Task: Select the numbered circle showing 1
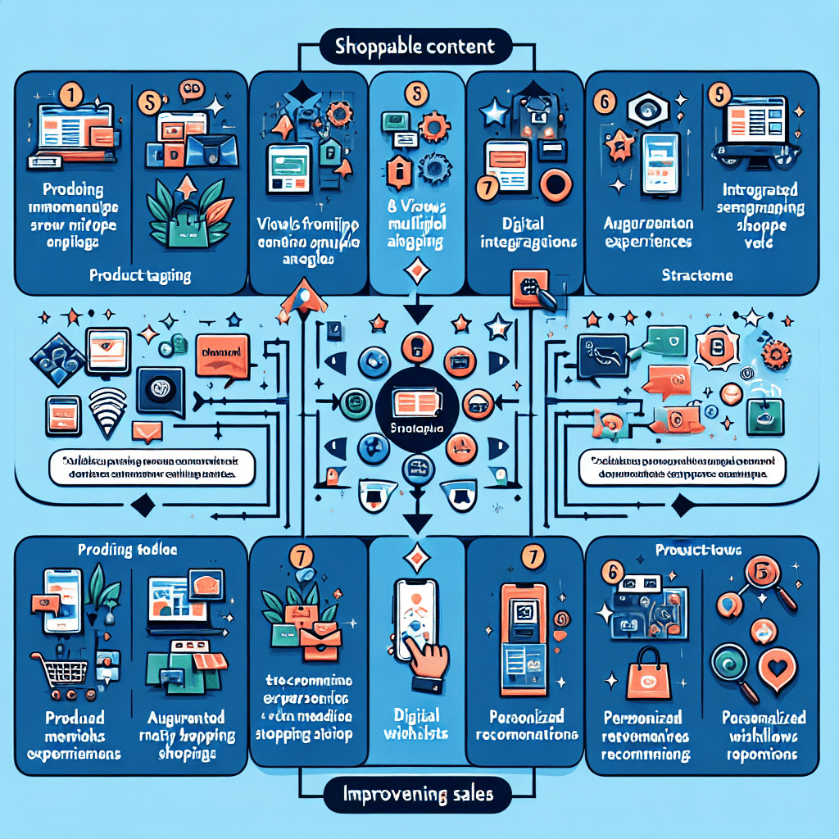[x=71, y=95]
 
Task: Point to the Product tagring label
[x=140, y=276]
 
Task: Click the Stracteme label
[x=696, y=276]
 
